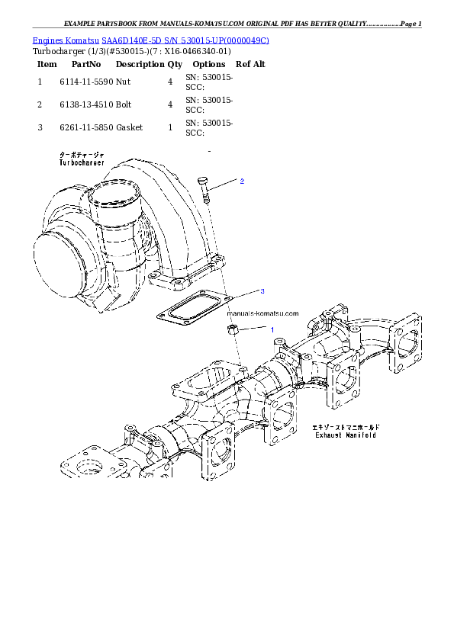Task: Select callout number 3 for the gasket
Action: click(x=262, y=291)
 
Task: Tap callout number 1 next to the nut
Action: click(x=270, y=329)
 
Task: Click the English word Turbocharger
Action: click(x=82, y=162)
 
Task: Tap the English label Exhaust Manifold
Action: click(x=345, y=436)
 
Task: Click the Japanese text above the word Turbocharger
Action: click(x=82, y=155)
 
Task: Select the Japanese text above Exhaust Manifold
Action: click(x=346, y=428)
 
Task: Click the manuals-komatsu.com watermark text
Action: click(x=263, y=313)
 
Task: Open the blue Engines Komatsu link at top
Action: click(x=150, y=40)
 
